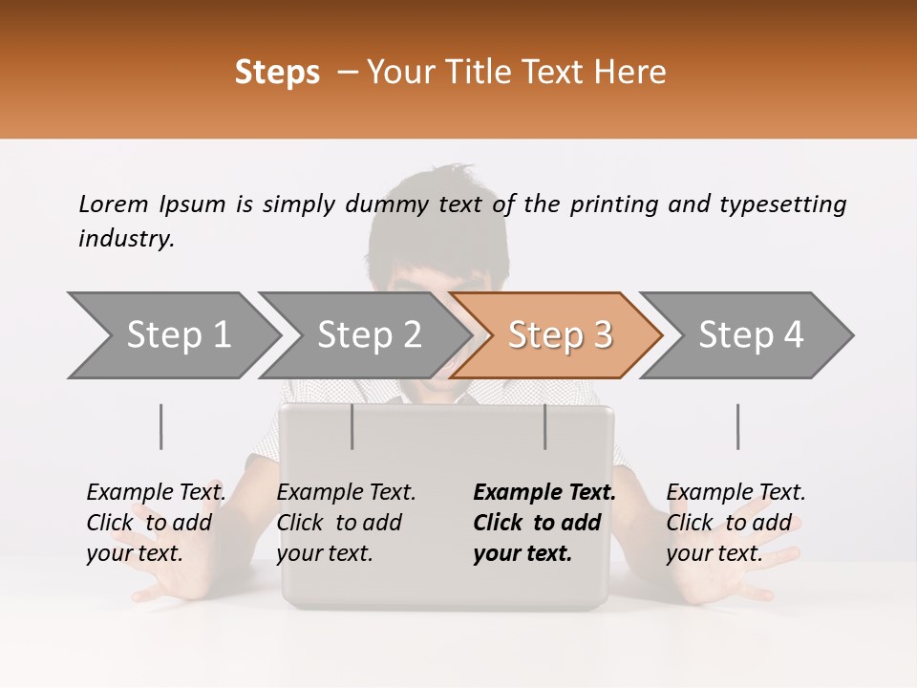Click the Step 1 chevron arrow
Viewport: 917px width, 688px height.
[178, 335]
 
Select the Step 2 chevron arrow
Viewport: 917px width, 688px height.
[369, 335]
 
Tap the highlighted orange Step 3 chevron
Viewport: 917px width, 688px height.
[560, 335]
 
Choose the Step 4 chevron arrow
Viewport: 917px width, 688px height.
[751, 335]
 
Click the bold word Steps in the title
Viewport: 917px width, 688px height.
[277, 73]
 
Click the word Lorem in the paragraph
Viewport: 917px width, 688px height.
[113, 204]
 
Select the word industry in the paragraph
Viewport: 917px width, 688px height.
[126, 239]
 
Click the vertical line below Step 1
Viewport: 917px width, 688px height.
[161, 426]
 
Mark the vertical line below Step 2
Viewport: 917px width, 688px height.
[352, 426]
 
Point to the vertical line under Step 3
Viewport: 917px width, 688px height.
[545, 426]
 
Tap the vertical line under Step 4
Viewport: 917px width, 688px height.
[738, 426]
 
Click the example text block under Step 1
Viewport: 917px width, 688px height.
[156, 523]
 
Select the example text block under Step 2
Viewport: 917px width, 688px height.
[346, 523]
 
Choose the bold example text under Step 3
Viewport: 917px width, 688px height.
[544, 523]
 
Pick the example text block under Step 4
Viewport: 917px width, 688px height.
[736, 523]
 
